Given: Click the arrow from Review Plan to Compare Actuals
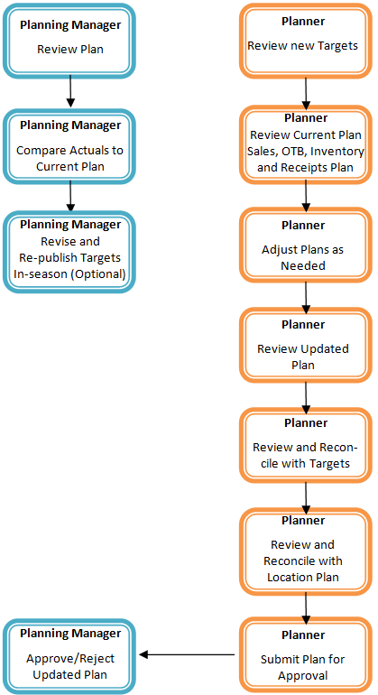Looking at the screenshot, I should tap(69, 91).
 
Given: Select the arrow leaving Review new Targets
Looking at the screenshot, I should tap(306, 90).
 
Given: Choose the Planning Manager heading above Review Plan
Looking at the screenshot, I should tap(69, 23).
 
